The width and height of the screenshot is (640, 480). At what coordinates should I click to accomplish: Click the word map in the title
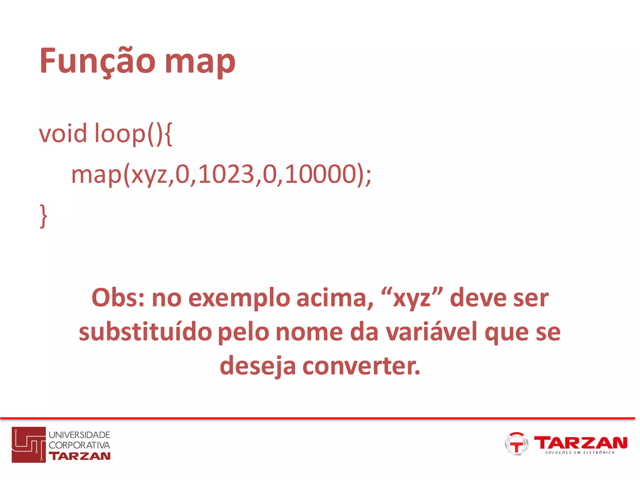click(200, 62)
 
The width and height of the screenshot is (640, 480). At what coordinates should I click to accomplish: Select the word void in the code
click(63, 133)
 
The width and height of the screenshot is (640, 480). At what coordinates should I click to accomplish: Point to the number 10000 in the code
click(321, 174)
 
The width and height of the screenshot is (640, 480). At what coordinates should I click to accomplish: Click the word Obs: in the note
click(118, 298)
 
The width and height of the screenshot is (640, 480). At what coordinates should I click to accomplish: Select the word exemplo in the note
click(239, 298)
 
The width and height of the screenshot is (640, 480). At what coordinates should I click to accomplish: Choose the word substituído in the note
click(145, 332)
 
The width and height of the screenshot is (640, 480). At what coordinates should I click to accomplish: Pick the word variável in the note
click(432, 332)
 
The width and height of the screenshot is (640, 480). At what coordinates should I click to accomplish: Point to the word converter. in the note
click(361, 366)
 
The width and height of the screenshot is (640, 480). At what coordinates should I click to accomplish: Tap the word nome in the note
click(309, 332)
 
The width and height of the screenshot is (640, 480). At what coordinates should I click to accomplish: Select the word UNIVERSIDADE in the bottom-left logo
click(79, 435)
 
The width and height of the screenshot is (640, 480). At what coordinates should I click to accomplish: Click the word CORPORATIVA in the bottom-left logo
click(79, 445)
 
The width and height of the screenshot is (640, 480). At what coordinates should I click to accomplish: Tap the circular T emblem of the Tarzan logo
click(516, 444)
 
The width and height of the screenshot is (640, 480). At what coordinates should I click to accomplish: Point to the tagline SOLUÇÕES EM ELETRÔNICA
click(580, 452)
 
